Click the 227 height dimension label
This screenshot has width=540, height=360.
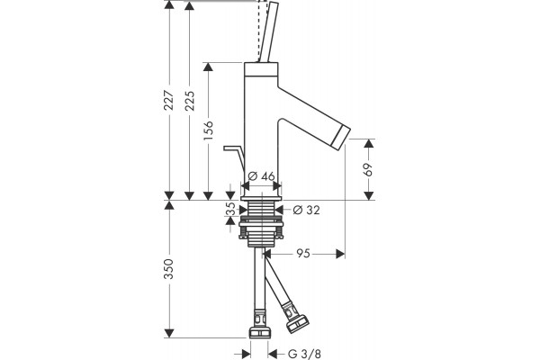pos(169,100)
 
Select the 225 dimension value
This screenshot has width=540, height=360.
pos(189,101)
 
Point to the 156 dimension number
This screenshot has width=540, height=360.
pos(209,130)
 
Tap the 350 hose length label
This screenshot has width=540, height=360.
pos(169,269)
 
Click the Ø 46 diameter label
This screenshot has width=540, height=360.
pos(262,176)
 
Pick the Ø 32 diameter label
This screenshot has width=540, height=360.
pos(306,210)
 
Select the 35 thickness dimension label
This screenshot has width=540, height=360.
pos(230,209)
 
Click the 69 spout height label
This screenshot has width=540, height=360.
pos(368,169)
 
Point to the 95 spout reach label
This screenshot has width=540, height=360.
pos(303,254)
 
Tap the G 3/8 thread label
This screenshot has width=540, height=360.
pos(304,354)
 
